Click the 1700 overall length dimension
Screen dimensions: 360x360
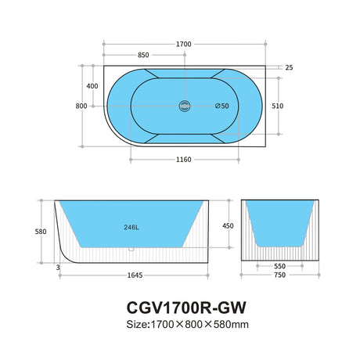coord(184,45)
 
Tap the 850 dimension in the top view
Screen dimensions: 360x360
coord(144,56)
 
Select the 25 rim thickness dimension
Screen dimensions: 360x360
coord(290,67)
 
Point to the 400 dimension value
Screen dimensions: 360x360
coord(92,86)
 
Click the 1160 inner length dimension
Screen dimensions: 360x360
coord(184,160)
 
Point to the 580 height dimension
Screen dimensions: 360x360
coord(28,232)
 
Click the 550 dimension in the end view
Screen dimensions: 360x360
coord(279,266)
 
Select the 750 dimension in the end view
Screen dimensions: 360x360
coord(279,275)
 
